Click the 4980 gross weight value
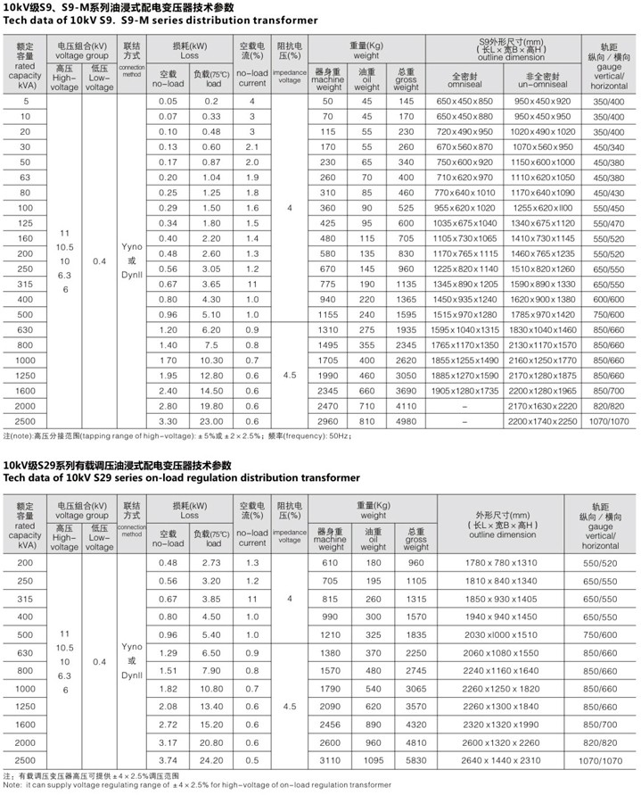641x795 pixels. click(x=406, y=419)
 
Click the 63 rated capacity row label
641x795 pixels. click(x=25, y=177)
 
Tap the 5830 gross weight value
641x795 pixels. click(x=415, y=759)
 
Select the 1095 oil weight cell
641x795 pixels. click(x=374, y=759)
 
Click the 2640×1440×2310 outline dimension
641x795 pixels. click(x=502, y=759)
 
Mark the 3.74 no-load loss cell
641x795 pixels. click(x=168, y=759)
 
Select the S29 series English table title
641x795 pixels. click(x=182, y=477)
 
